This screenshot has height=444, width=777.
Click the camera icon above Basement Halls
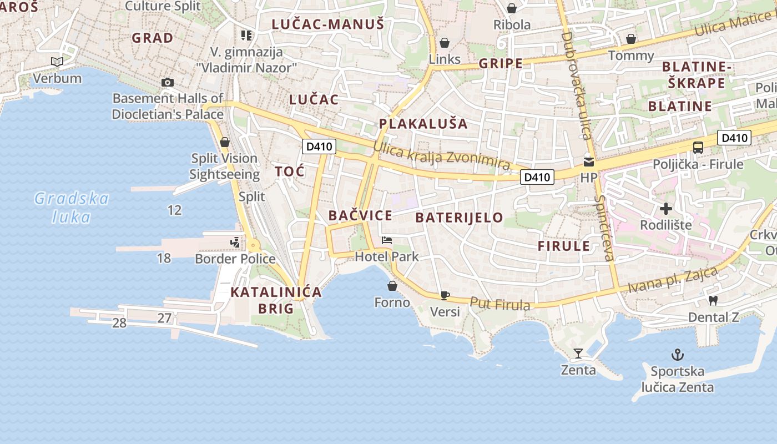(x=167, y=83)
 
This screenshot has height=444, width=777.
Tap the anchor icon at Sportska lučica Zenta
(x=677, y=354)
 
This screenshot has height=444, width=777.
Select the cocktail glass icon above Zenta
(x=578, y=353)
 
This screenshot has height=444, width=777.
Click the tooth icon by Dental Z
(x=713, y=300)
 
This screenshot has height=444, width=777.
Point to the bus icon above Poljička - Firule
(x=698, y=148)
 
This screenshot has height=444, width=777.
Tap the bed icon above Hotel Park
(x=387, y=240)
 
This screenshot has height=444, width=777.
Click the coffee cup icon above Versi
(x=445, y=295)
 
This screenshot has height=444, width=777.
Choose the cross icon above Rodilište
(x=666, y=209)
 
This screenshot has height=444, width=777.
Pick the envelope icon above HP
(x=588, y=162)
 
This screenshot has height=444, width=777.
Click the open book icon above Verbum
(x=57, y=62)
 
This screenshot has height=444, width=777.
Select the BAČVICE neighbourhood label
(x=360, y=215)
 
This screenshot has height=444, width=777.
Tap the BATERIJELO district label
(x=459, y=217)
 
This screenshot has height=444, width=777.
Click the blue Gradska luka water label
(x=72, y=207)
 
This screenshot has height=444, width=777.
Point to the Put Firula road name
(x=500, y=304)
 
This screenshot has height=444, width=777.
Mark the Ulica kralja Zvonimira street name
(x=441, y=156)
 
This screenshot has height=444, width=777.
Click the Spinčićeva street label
(x=604, y=228)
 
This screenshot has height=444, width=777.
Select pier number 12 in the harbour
(x=174, y=210)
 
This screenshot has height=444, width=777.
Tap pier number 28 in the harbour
(x=119, y=323)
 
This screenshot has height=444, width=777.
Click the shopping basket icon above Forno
(x=392, y=286)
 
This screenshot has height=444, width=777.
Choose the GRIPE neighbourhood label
(x=501, y=63)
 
